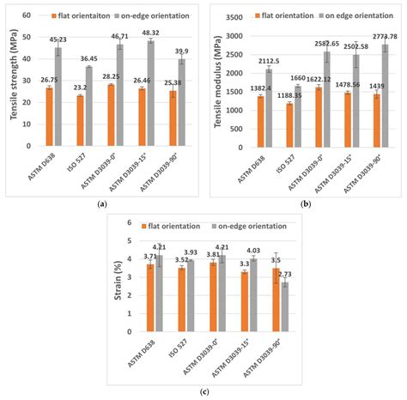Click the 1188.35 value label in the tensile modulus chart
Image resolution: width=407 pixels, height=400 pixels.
click(286, 95)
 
